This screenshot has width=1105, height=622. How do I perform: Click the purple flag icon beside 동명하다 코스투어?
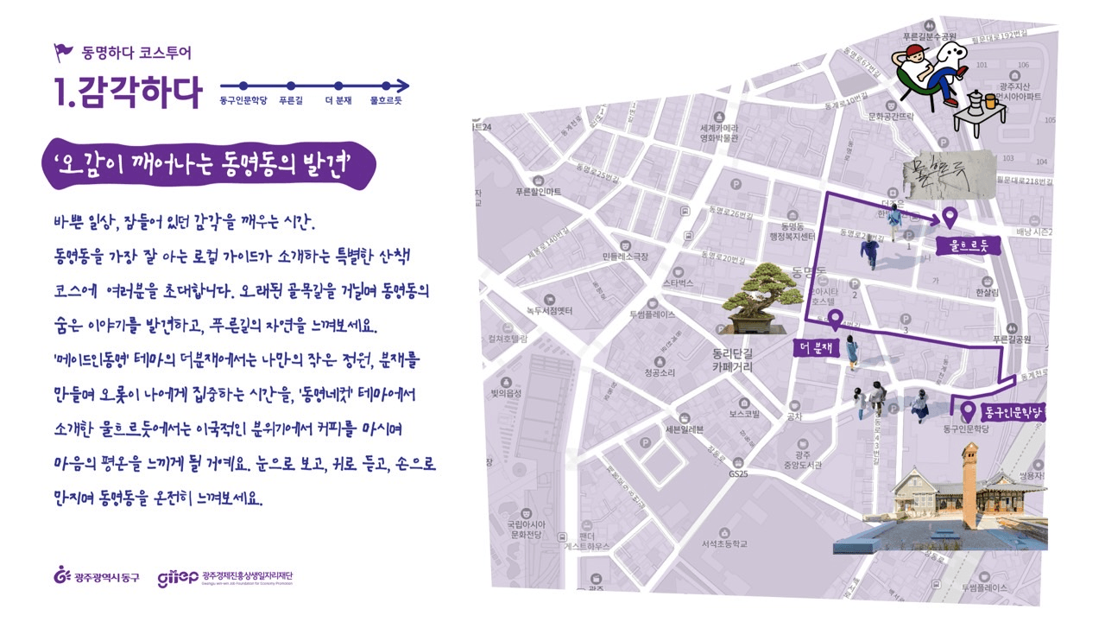pos(65,53)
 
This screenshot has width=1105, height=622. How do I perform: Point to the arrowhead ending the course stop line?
pos(404,86)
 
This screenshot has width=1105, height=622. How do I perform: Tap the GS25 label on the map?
pos(737,474)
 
